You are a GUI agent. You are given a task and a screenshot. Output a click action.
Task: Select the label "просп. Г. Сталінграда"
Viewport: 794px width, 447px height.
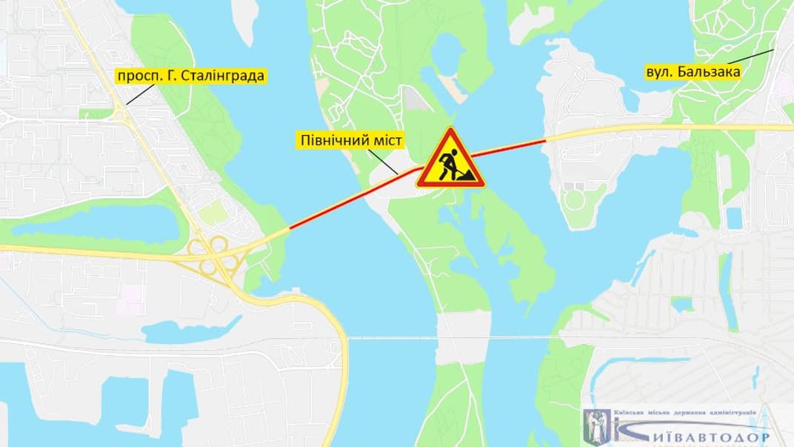[x=190, y=76]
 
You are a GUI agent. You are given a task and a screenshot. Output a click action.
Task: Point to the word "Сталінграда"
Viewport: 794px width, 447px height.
[x=229, y=76]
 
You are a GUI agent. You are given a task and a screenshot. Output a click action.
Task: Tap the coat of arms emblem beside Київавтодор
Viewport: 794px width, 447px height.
[x=597, y=428]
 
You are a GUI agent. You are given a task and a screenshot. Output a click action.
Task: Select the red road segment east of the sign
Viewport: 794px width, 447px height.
[x=511, y=146]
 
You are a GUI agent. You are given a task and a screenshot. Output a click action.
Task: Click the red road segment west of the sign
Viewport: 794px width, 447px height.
[x=348, y=200]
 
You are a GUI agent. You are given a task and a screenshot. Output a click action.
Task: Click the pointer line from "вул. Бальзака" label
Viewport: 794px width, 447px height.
[x=752, y=56]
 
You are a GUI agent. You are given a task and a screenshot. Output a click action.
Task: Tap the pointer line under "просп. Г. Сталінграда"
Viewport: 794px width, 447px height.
[x=141, y=94]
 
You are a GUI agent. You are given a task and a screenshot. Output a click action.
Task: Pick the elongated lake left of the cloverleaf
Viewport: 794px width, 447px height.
[x=96, y=223]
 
